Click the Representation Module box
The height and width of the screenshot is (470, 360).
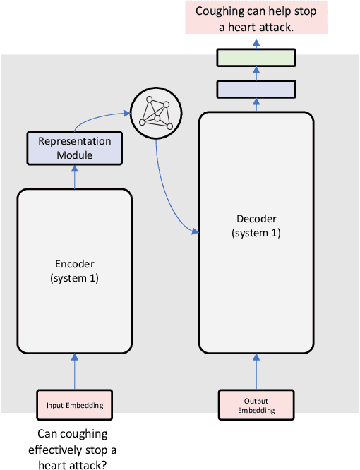coord(75,147)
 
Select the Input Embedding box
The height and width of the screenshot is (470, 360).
coord(75,405)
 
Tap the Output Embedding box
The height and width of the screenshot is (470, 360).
coord(256,405)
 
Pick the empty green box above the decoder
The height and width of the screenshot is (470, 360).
coord(256,57)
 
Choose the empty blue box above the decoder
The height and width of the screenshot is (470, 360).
coord(256,89)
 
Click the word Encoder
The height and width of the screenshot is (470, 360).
coord(75,264)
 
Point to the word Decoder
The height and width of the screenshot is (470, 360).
coord(256,219)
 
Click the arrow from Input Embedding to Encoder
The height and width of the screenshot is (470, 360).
coord(75,370)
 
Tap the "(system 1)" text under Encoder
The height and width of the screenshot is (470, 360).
coord(75,278)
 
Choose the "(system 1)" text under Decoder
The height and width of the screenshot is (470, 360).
coord(256,233)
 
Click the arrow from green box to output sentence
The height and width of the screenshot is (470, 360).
coord(256,42)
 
